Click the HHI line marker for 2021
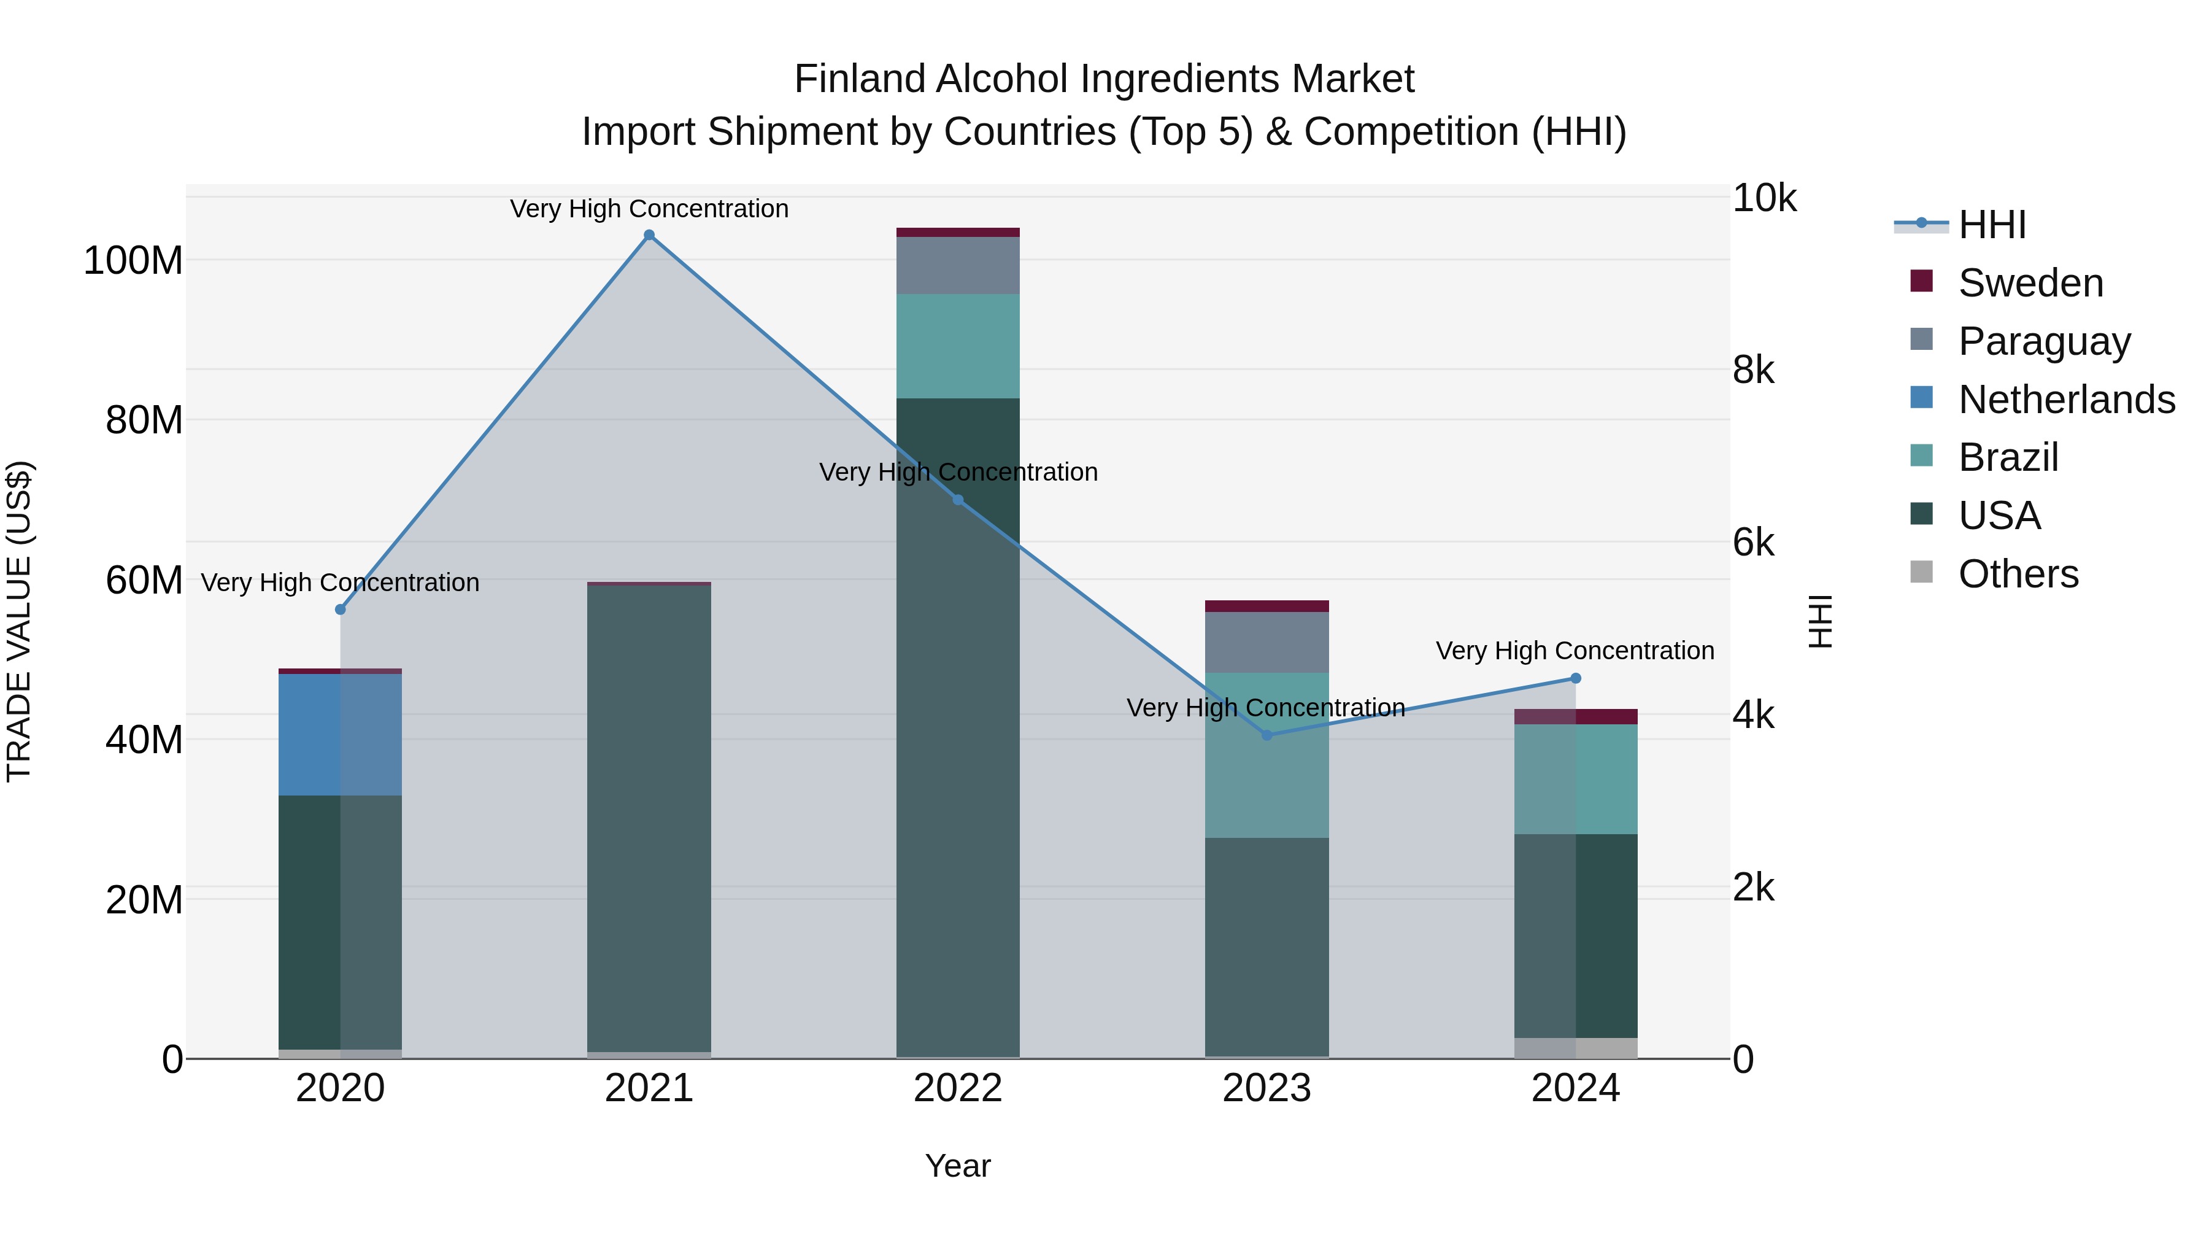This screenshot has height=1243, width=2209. click(649, 235)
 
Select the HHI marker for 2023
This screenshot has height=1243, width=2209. click(1266, 735)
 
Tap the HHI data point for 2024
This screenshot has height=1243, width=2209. click(1575, 678)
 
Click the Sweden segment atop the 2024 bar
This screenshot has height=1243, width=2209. click(1575, 716)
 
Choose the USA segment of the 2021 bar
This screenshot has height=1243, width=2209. click(649, 815)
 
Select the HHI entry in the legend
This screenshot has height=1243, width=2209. click(1992, 225)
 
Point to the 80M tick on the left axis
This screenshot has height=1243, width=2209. click(144, 420)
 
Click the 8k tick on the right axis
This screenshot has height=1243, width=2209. click(1753, 371)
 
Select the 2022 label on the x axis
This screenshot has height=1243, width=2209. click(958, 1088)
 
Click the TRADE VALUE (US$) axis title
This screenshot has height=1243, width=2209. click(19, 621)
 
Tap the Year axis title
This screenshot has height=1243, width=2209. click(958, 1166)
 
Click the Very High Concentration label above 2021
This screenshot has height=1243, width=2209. click(649, 209)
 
